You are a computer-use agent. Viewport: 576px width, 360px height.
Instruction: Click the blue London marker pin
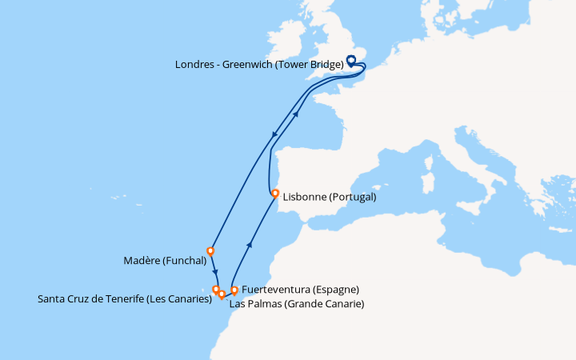click(x=350, y=60)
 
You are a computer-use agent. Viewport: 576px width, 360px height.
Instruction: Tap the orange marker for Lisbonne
click(x=275, y=194)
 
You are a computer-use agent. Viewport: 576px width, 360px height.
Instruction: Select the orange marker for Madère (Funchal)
click(x=210, y=250)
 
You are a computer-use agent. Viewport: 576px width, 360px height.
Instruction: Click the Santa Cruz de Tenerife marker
click(x=216, y=290)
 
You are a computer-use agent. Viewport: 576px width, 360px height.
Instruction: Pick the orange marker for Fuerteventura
click(x=234, y=290)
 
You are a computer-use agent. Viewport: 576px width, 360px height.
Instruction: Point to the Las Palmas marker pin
click(x=222, y=294)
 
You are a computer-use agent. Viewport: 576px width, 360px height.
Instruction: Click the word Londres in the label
click(x=195, y=65)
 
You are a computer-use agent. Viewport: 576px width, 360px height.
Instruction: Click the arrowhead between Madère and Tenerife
click(x=215, y=270)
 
